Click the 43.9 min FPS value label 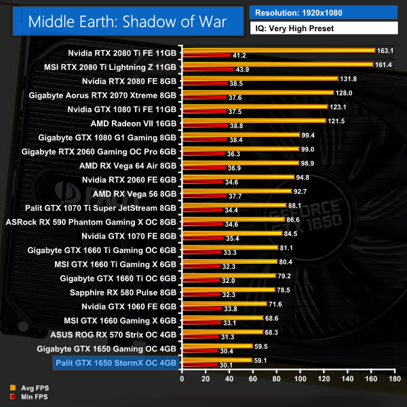pyautogui.click(x=244, y=70)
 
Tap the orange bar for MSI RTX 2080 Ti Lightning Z pyautogui.click(x=277, y=64)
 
